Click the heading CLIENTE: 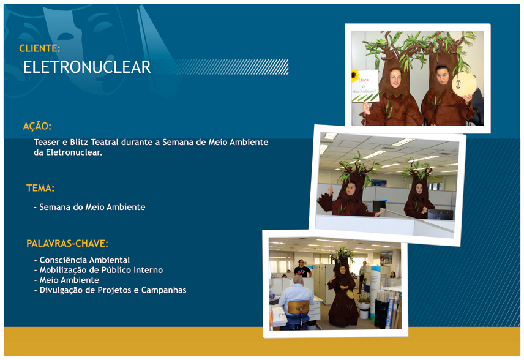(x=39, y=48)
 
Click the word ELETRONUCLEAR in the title (x=87, y=67)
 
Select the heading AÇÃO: (x=37, y=126)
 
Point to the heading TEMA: (x=40, y=188)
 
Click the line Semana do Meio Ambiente (x=92, y=207)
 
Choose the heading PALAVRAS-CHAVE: (x=67, y=243)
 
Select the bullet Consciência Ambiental (x=84, y=260)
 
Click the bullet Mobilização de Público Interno (x=101, y=270)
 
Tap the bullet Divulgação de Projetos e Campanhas (x=113, y=290)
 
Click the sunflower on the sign (x=355, y=75)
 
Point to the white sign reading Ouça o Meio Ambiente (x=365, y=86)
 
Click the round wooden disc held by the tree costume (x=464, y=84)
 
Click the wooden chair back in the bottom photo (x=299, y=307)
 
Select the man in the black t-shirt (x=302, y=268)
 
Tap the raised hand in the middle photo (x=330, y=190)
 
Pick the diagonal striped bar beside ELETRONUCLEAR (x=220, y=67)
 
